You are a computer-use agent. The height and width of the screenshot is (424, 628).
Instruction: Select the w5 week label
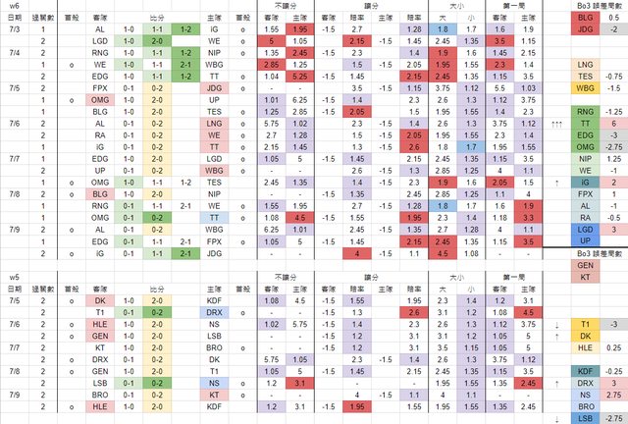pyautogui.click(x=14, y=265)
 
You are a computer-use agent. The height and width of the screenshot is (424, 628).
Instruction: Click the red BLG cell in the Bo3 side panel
pyautogui.click(x=585, y=18)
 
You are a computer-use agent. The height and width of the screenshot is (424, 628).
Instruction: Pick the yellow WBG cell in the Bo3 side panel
pyautogui.click(x=585, y=87)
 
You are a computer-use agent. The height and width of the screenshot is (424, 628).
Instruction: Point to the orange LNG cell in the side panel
pyautogui.click(x=585, y=61)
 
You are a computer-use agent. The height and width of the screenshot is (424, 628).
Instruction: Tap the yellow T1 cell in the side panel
pyautogui.click(x=585, y=321)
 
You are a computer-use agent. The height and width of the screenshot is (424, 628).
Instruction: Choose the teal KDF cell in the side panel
pyautogui.click(x=585, y=372)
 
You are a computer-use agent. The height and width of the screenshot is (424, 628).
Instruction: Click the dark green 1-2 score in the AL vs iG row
pyautogui.click(x=186, y=30)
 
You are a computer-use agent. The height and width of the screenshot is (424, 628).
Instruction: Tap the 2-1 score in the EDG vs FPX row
pyautogui.click(x=186, y=239)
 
